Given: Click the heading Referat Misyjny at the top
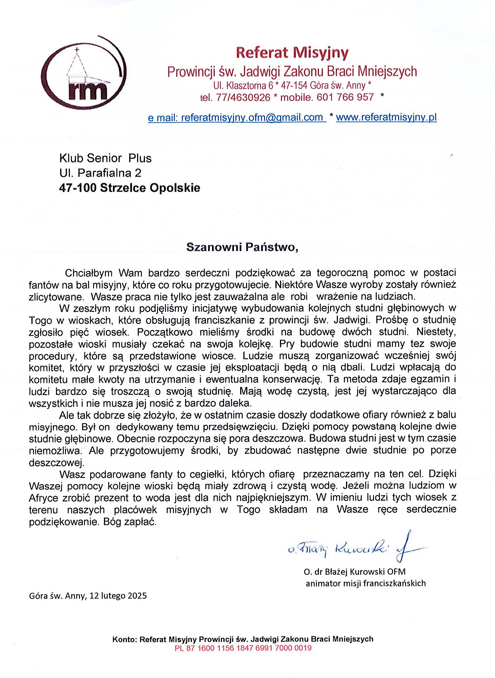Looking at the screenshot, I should click(292, 53).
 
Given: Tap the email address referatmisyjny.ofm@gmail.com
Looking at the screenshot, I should click(252, 117).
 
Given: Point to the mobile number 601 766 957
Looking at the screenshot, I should click(345, 97).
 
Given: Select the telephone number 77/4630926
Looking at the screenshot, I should click(243, 98).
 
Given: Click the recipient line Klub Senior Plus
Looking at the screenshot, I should click(105, 158).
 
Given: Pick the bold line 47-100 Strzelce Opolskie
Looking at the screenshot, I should click(129, 188).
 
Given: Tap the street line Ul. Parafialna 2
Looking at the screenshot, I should click(100, 173).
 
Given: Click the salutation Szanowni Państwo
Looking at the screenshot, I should click(242, 247).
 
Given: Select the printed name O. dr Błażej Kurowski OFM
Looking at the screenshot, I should click(355, 571).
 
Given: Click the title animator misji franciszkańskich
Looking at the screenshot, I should click(366, 583).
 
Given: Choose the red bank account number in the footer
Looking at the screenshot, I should click(243, 648).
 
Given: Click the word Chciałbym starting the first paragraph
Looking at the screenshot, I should click(89, 273).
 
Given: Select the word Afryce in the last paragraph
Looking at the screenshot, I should click(43, 498).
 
